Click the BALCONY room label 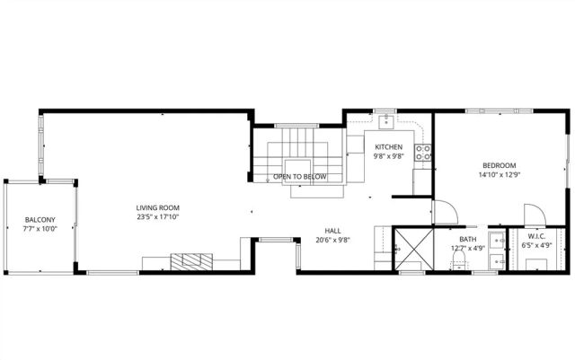pos(40,220)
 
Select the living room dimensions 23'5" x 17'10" pos(158,216)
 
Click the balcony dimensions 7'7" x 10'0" pos(40,229)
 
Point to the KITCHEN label pos(388,146)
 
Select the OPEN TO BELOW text pos(299,177)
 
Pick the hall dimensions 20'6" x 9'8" pos(332,240)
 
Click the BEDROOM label pos(499,165)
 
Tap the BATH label pos(467,239)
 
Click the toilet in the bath pos(459,259)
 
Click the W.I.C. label pos(537,239)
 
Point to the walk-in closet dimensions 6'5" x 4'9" pos(537,248)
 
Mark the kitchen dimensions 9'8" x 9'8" pos(388,155)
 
